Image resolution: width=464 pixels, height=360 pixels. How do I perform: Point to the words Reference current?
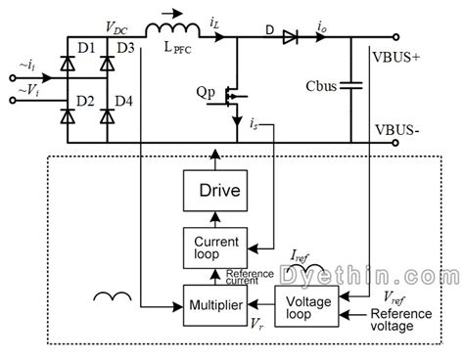click(x=249, y=278)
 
